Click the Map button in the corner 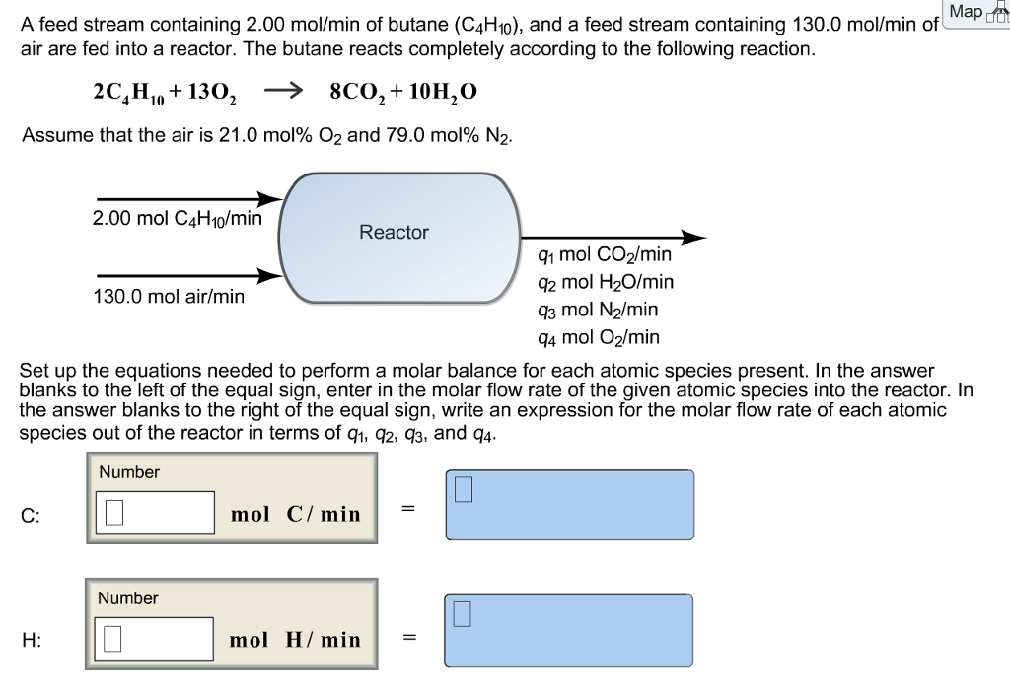[972, 12]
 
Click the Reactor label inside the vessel [394, 232]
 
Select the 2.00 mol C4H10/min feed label [177, 218]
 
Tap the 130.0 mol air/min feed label [169, 295]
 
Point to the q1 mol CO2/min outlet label [605, 254]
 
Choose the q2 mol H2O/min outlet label [606, 282]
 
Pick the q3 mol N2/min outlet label [598, 310]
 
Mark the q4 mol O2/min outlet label [599, 337]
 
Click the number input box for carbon [155, 512]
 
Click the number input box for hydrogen [155, 638]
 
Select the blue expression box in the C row [569, 506]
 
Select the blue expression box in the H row [569, 631]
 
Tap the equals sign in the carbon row [407, 509]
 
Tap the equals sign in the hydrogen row [407, 636]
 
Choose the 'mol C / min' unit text [296, 514]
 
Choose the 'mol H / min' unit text [296, 640]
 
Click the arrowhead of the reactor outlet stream [694, 238]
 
